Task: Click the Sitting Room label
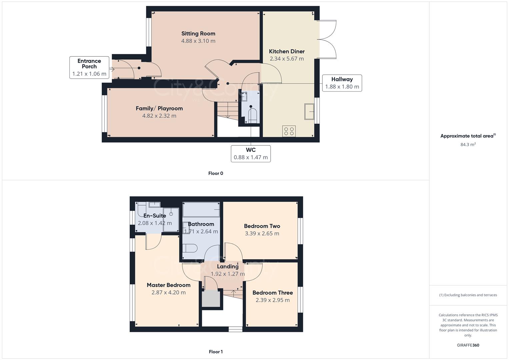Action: click(198, 33)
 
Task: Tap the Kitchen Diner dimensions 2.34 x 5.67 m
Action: click(287, 59)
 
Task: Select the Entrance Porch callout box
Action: click(89, 67)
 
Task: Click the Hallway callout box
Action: click(342, 83)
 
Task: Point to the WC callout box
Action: click(251, 154)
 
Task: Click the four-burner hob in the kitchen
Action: click(289, 131)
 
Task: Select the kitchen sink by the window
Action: click(309, 111)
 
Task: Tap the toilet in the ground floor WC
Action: click(253, 115)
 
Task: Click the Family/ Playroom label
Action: click(159, 108)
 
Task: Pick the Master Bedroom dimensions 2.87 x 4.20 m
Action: click(168, 293)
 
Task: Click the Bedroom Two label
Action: click(262, 226)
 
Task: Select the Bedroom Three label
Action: click(272, 293)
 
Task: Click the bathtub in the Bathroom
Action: click(201, 210)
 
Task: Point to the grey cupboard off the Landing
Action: click(211, 298)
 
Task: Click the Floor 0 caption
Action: click(215, 173)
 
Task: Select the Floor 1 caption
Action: click(215, 352)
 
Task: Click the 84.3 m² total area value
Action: click(468, 144)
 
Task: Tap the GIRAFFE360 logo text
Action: click(468, 345)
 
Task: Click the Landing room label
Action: click(228, 266)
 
